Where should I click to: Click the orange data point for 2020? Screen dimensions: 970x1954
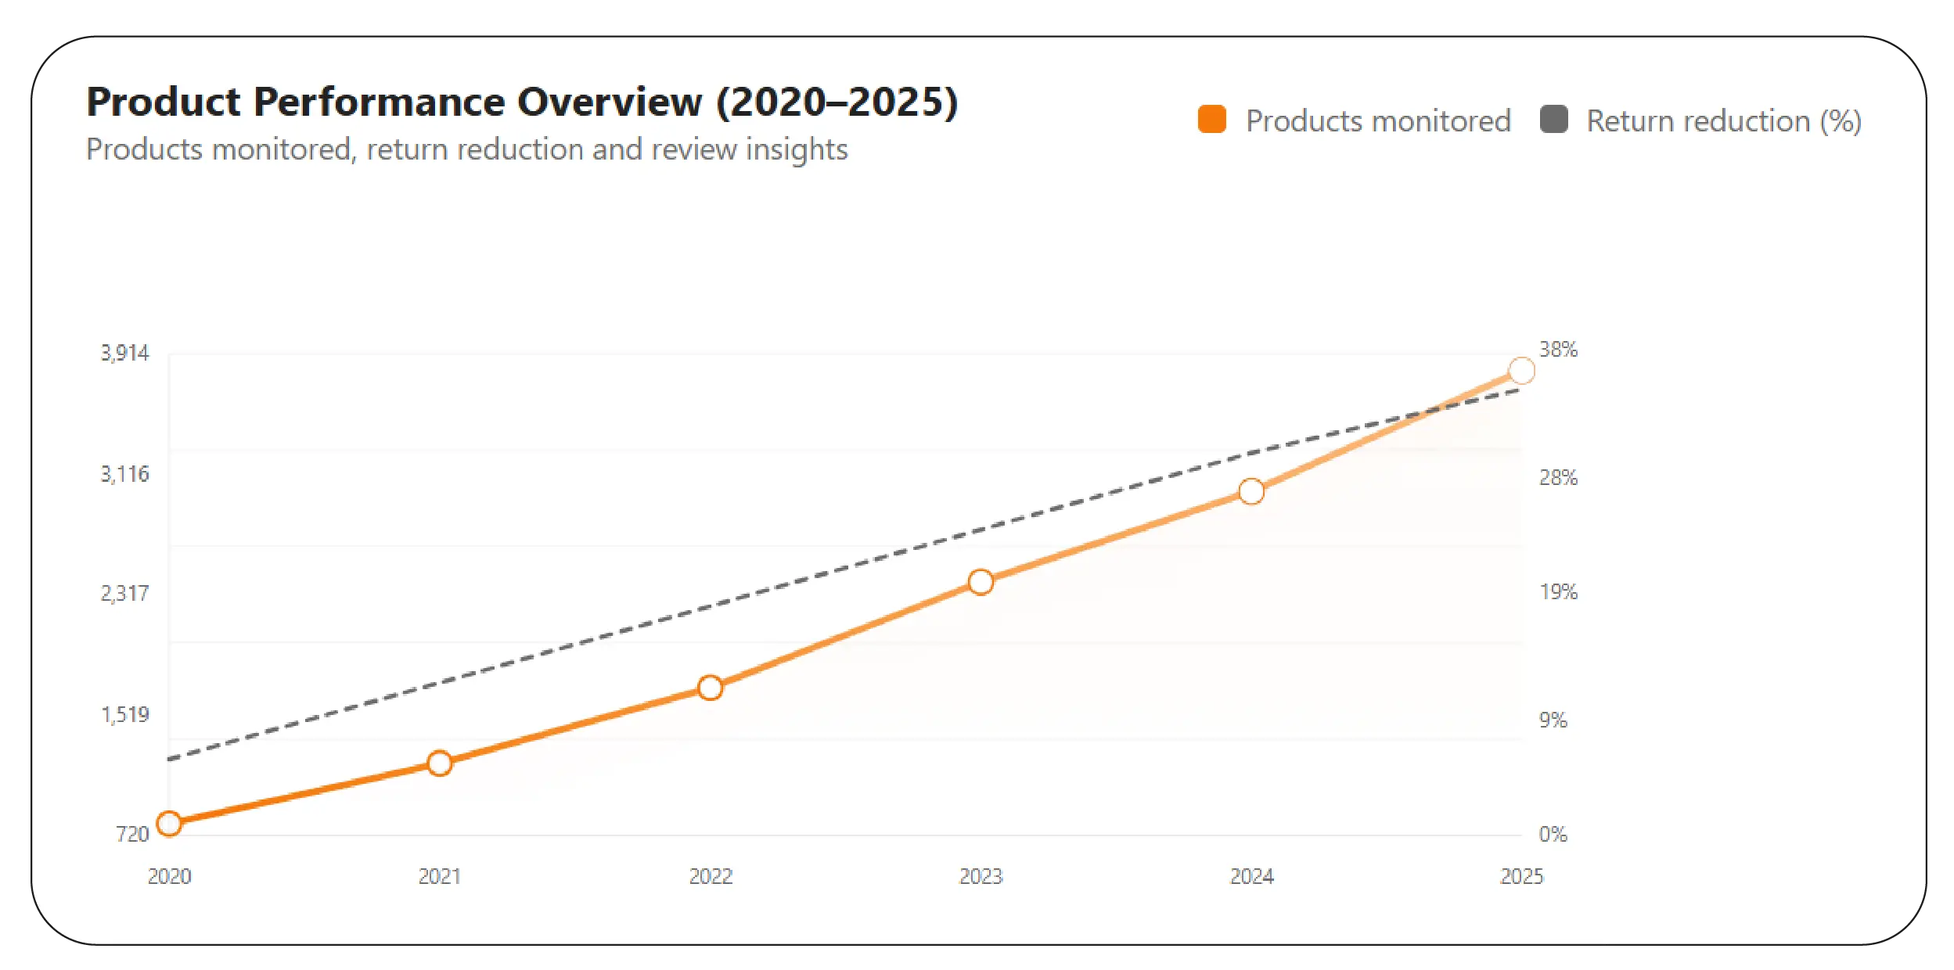coord(169,824)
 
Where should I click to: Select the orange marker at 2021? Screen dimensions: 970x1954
coord(440,763)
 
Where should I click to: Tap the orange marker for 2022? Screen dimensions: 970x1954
coord(710,688)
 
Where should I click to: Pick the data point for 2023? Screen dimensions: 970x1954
coord(981,582)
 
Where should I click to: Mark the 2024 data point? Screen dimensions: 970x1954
coord(1251,491)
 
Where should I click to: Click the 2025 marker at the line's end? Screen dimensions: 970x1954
coord(1521,371)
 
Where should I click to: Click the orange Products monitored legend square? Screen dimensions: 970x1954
coord(1211,120)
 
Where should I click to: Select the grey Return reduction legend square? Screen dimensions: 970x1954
coord(1553,120)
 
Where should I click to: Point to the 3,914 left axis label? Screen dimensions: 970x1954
coord(124,354)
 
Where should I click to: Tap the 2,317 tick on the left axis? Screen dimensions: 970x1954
coord(124,594)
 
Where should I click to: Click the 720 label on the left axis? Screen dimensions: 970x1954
coord(131,835)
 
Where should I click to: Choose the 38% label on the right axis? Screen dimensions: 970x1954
coord(1558,350)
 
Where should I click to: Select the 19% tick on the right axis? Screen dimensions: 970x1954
coord(1558,592)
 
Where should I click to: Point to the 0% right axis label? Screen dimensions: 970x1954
coord(1553,835)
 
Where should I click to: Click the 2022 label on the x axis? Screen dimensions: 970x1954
coord(710,876)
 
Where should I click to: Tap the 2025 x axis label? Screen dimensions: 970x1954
coord(1521,876)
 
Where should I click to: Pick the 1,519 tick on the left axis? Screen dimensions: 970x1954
coord(124,715)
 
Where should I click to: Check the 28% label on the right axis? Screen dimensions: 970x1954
coord(1558,478)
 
